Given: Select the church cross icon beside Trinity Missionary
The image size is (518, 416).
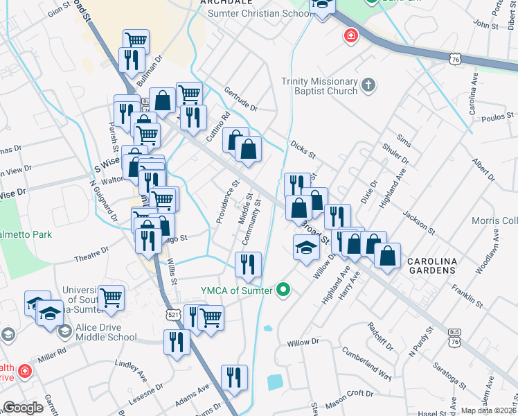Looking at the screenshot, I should click(369, 86).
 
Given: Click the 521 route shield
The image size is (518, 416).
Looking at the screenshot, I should click(174, 315).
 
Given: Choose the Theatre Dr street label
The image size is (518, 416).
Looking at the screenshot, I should click(93, 254).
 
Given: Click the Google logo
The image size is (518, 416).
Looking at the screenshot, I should click(23, 408).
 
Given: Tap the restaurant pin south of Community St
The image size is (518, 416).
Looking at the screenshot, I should click(248, 264).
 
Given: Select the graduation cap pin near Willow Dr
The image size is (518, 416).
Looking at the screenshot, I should click(306, 248).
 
